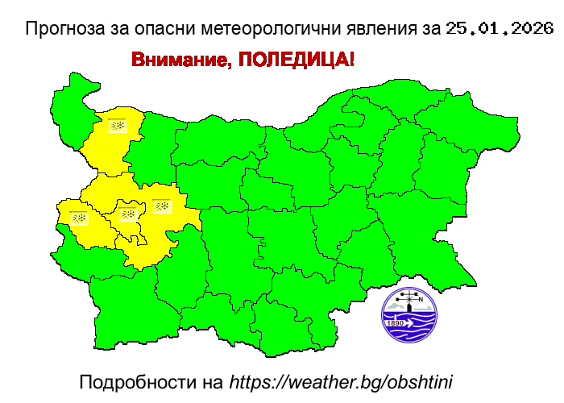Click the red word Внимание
point(179,61)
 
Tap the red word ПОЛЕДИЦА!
point(296,61)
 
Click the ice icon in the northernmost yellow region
point(118,126)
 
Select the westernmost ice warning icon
point(78,218)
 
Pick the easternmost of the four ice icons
point(162,206)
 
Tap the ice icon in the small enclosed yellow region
point(127,214)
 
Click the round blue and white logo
point(409,315)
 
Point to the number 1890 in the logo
point(396,323)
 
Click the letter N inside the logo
point(421,299)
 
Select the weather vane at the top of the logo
point(409,297)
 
